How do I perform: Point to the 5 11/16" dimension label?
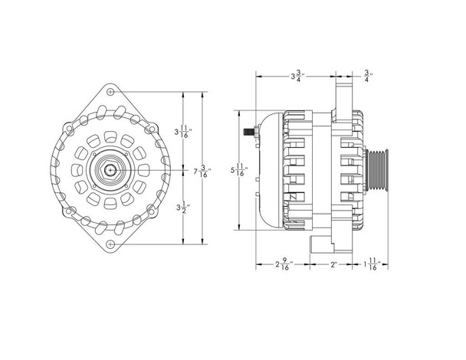click(x=240, y=171)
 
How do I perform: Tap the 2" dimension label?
click(x=335, y=266)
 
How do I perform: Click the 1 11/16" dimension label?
click(x=370, y=266)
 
